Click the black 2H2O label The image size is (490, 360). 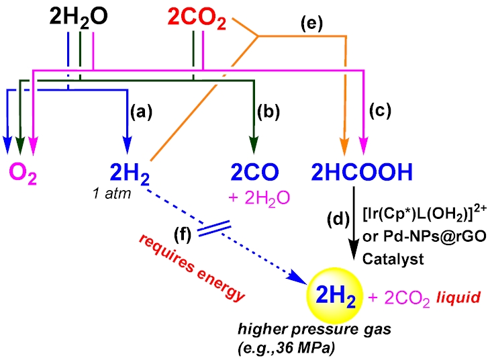[79, 16]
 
